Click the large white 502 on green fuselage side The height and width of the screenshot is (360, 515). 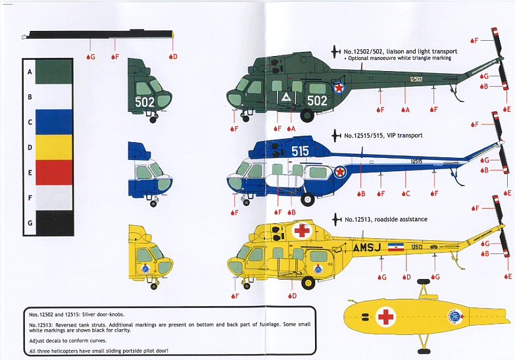[x=316, y=101]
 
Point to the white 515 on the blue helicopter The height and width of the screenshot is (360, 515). [x=300, y=151]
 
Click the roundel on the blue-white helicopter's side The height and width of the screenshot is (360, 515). [x=339, y=172]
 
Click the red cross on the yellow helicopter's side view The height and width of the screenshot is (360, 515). [x=302, y=230]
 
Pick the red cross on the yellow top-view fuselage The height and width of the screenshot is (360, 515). [x=385, y=318]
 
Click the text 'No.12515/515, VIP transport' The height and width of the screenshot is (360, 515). [x=383, y=136]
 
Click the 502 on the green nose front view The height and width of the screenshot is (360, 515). [x=145, y=102]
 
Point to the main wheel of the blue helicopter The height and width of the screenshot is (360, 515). [x=307, y=197]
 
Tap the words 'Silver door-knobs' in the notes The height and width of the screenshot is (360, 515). [x=104, y=315]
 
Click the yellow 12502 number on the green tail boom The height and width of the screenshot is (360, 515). [x=416, y=79]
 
